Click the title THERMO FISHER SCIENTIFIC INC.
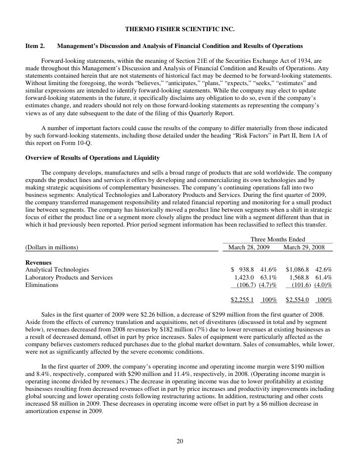[x=180, y=29]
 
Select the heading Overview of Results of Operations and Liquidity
[x=92, y=158]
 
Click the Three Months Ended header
[x=277, y=239]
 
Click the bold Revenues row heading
[x=38, y=262]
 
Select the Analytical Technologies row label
[x=57, y=270]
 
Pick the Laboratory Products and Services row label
[x=69, y=278]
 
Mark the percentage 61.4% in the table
[x=323, y=278]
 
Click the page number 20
[x=180, y=442]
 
